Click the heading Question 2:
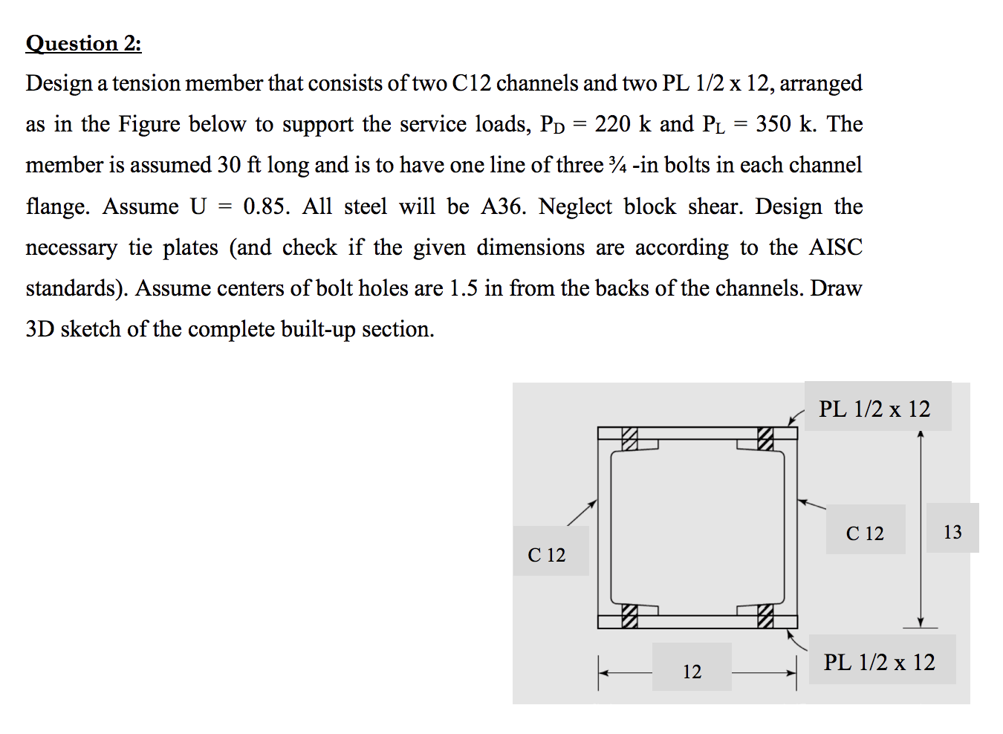click(83, 43)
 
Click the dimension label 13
click(952, 532)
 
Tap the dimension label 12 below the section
click(692, 672)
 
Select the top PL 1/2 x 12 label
click(874, 409)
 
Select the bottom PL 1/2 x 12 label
click(879, 662)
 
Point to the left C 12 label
click(546, 555)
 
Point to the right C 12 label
click(865, 533)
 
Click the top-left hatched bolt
click(630, 439)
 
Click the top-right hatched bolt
click(765, 439)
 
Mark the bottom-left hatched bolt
click(630, 616)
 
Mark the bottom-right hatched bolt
click(765, 616)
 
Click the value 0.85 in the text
click(265, 206)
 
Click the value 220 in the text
click(612, 123)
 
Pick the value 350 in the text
click(773, 123)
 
